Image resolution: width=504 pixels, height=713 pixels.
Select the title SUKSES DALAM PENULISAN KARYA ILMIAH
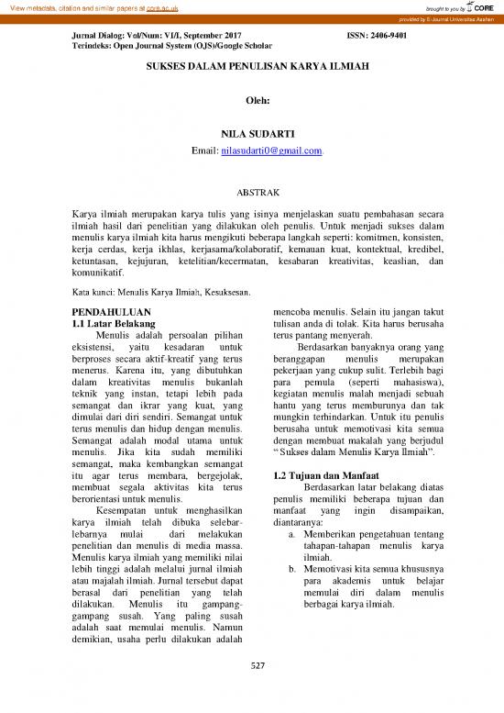(251, 70)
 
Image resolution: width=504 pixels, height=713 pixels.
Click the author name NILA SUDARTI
(251, 134)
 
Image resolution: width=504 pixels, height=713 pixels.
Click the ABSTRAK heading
(251, 193)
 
